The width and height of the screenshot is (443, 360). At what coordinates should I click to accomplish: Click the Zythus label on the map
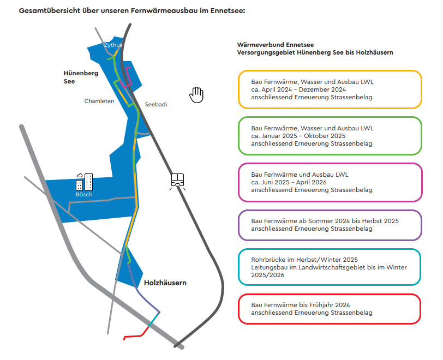click(x=113, y=45)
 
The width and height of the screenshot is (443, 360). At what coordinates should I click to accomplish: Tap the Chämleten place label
click(x=99, y=101)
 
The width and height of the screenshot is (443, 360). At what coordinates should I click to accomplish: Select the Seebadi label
click(x=156, y=104)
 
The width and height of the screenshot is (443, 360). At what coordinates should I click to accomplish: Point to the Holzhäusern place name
click(x=165, y=283)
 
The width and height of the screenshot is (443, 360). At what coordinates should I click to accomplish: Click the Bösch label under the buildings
click(x=84, y=194)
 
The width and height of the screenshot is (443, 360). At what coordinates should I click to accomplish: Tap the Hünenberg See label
click(x=81, y=77)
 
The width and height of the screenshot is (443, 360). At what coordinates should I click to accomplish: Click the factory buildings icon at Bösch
click(x=84, y=182)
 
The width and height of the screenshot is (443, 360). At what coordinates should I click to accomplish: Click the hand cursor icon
click(x=196, y=95)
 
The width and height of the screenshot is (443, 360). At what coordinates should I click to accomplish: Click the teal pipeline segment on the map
click(x=154, y=320)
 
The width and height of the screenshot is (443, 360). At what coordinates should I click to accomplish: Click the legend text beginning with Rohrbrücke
click(x=329, y=267)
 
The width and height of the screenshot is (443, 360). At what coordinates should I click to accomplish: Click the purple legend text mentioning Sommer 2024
click(x=325, y=225)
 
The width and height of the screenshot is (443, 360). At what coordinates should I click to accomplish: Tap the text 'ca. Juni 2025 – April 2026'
click(x=289, y=182)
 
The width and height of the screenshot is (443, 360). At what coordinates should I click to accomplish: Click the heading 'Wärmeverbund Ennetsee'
click(x=276, y=45)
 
